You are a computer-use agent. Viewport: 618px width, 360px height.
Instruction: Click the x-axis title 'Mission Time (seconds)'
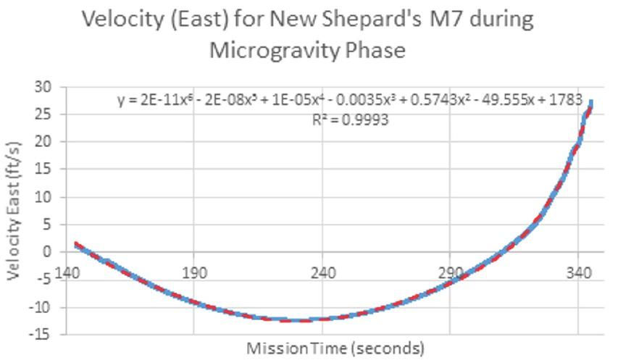coord(335,348)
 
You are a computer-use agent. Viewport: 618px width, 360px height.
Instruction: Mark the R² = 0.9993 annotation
coord(350,120)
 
